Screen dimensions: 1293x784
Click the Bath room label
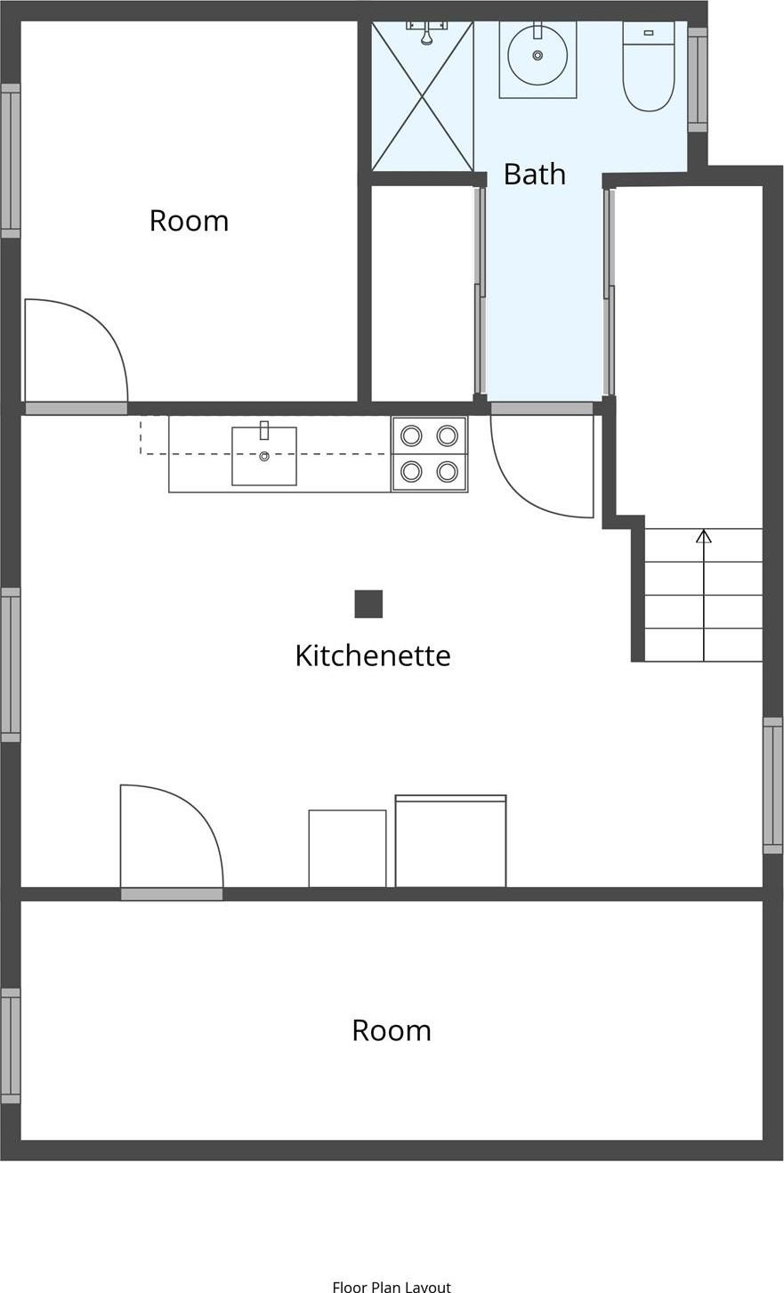coord(534,174)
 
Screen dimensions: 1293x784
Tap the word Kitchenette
coord(372,655)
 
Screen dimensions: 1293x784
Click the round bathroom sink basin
coord(537,55)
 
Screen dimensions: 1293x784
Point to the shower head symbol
coord(427,37)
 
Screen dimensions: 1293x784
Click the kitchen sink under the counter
coord(264,457)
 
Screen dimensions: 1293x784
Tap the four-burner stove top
coord(429,453)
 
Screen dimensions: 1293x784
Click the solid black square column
coord(368,604)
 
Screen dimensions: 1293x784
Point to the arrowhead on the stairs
coord(703,536)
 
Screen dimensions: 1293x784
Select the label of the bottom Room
coord(392,1030)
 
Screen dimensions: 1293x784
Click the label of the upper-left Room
coord(189,221)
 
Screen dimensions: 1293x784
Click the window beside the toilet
coord(698,79)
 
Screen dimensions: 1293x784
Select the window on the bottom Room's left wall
coord(11,1045)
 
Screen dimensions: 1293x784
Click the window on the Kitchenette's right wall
coord(772,785)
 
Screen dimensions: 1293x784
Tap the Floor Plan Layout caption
coord(392,1286)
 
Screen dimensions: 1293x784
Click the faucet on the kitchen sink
coord(264,430)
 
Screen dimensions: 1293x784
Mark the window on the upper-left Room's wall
coord(11,160)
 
